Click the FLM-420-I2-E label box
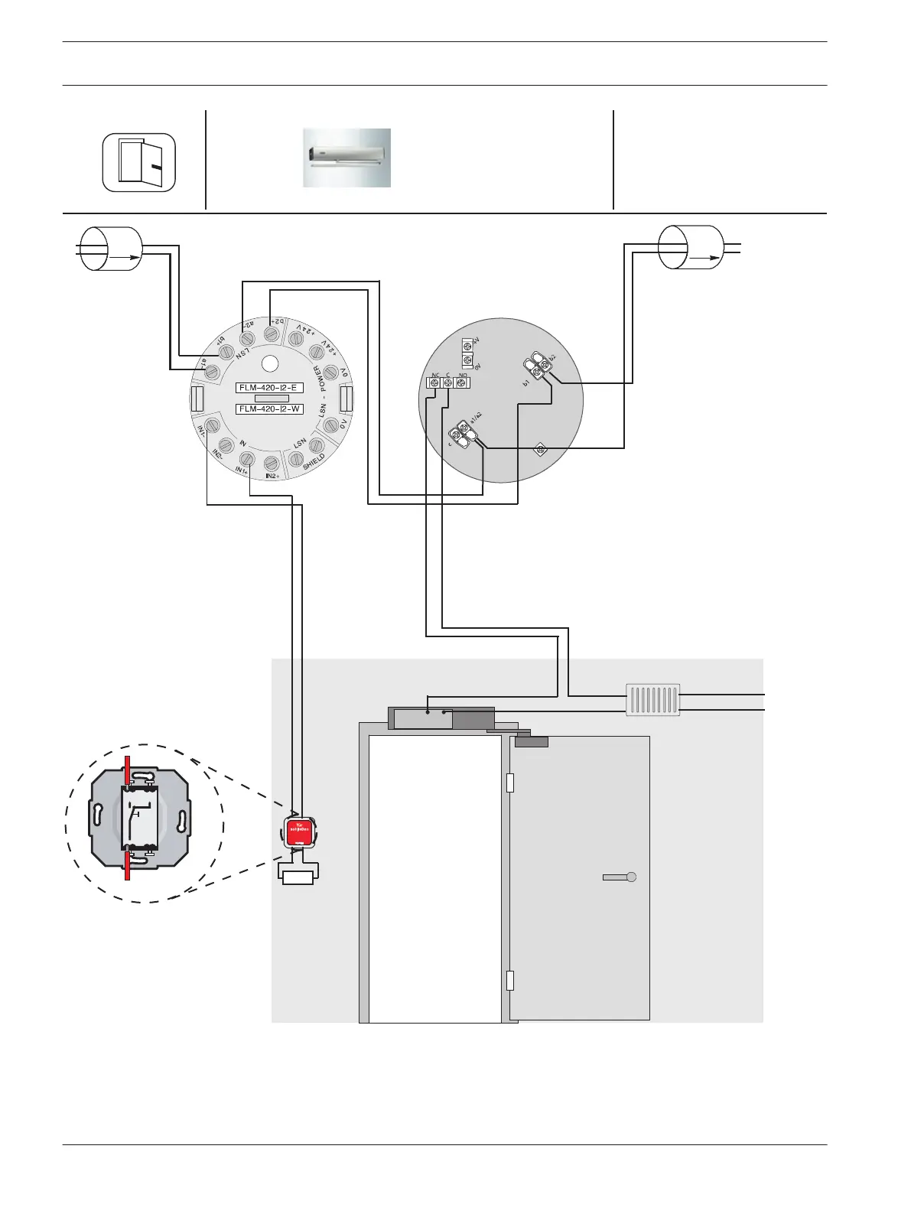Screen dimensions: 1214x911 (x=270, y=388)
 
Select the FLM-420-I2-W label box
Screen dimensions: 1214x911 (x=270, y=409)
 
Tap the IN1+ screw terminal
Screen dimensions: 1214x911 (x=245, y=459)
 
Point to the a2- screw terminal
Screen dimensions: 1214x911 (x=247, y=338)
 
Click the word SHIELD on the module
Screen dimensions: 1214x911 (x=314, y=462)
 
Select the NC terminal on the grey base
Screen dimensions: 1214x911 (x=433, y=382)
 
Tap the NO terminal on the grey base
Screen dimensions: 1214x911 (x=461, y=382)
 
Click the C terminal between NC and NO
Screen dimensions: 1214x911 (x=447, y=382)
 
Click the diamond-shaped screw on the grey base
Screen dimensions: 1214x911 (x=539, y=448)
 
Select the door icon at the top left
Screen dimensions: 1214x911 (x=139, y=162)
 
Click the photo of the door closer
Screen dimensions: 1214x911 (x=347, y=158)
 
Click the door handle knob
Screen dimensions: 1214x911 (x=630, y=877)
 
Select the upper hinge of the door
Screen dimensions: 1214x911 (x=509, y=783)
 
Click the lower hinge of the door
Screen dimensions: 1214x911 (x=509, y=981)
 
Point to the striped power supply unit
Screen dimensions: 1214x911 (x=652, y=699)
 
